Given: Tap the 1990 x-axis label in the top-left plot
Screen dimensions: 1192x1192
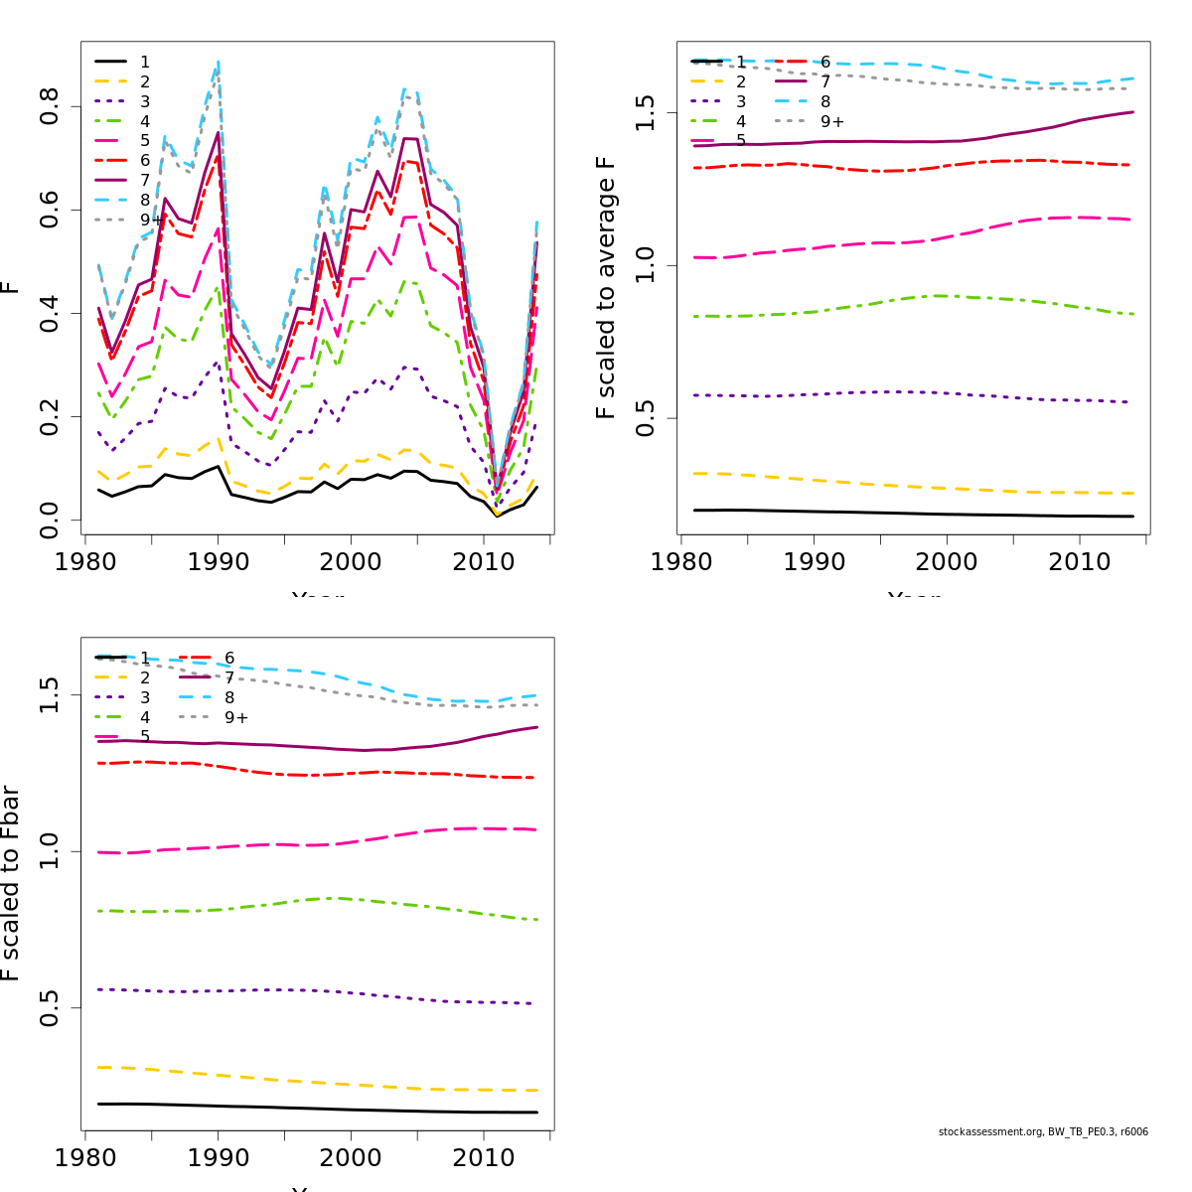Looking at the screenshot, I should (x=219, y=562).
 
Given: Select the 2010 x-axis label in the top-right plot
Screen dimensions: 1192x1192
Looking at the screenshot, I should (x=1080, y=562).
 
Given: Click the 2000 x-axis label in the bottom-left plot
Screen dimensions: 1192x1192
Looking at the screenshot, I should (x=351, y=1158).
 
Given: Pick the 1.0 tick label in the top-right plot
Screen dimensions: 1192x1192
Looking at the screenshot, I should (x=646, y=265).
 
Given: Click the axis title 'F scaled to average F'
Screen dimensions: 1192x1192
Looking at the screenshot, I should (x=606, y=288).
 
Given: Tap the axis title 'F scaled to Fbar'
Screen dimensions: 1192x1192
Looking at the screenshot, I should (x=10, y=883).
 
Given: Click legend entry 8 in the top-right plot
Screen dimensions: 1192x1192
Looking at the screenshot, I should (x=825, y=101).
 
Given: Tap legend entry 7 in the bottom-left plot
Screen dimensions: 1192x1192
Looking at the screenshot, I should (x=229, y=677).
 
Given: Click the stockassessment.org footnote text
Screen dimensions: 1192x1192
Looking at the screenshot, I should (x=1043, y=1131).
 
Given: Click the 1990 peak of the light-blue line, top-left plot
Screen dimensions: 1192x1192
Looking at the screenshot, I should (x=218, y=62).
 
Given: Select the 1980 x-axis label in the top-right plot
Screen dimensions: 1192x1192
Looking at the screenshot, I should (x=681, y=562).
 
